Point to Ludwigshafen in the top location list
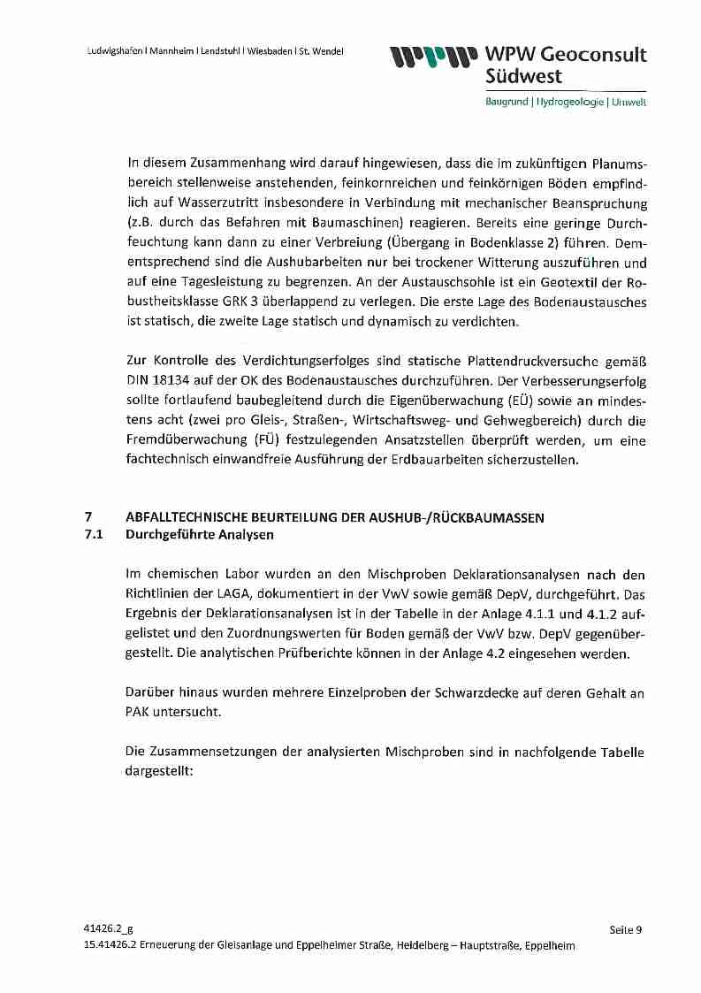[116, 50]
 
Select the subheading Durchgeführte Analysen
[200, 534]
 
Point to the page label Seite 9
[625, 928]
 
